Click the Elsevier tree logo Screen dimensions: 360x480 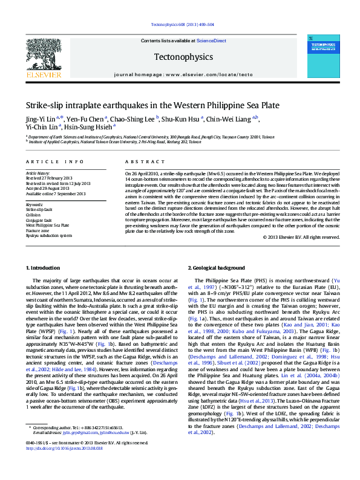click(43, 54)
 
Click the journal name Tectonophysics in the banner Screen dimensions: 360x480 click(183, 57)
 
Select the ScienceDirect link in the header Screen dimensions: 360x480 click(211, 41)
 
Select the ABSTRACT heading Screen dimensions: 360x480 click(140, 162)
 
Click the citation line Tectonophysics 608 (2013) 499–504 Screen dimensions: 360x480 click(182, 24)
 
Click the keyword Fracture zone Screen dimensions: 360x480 click(38, 230)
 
